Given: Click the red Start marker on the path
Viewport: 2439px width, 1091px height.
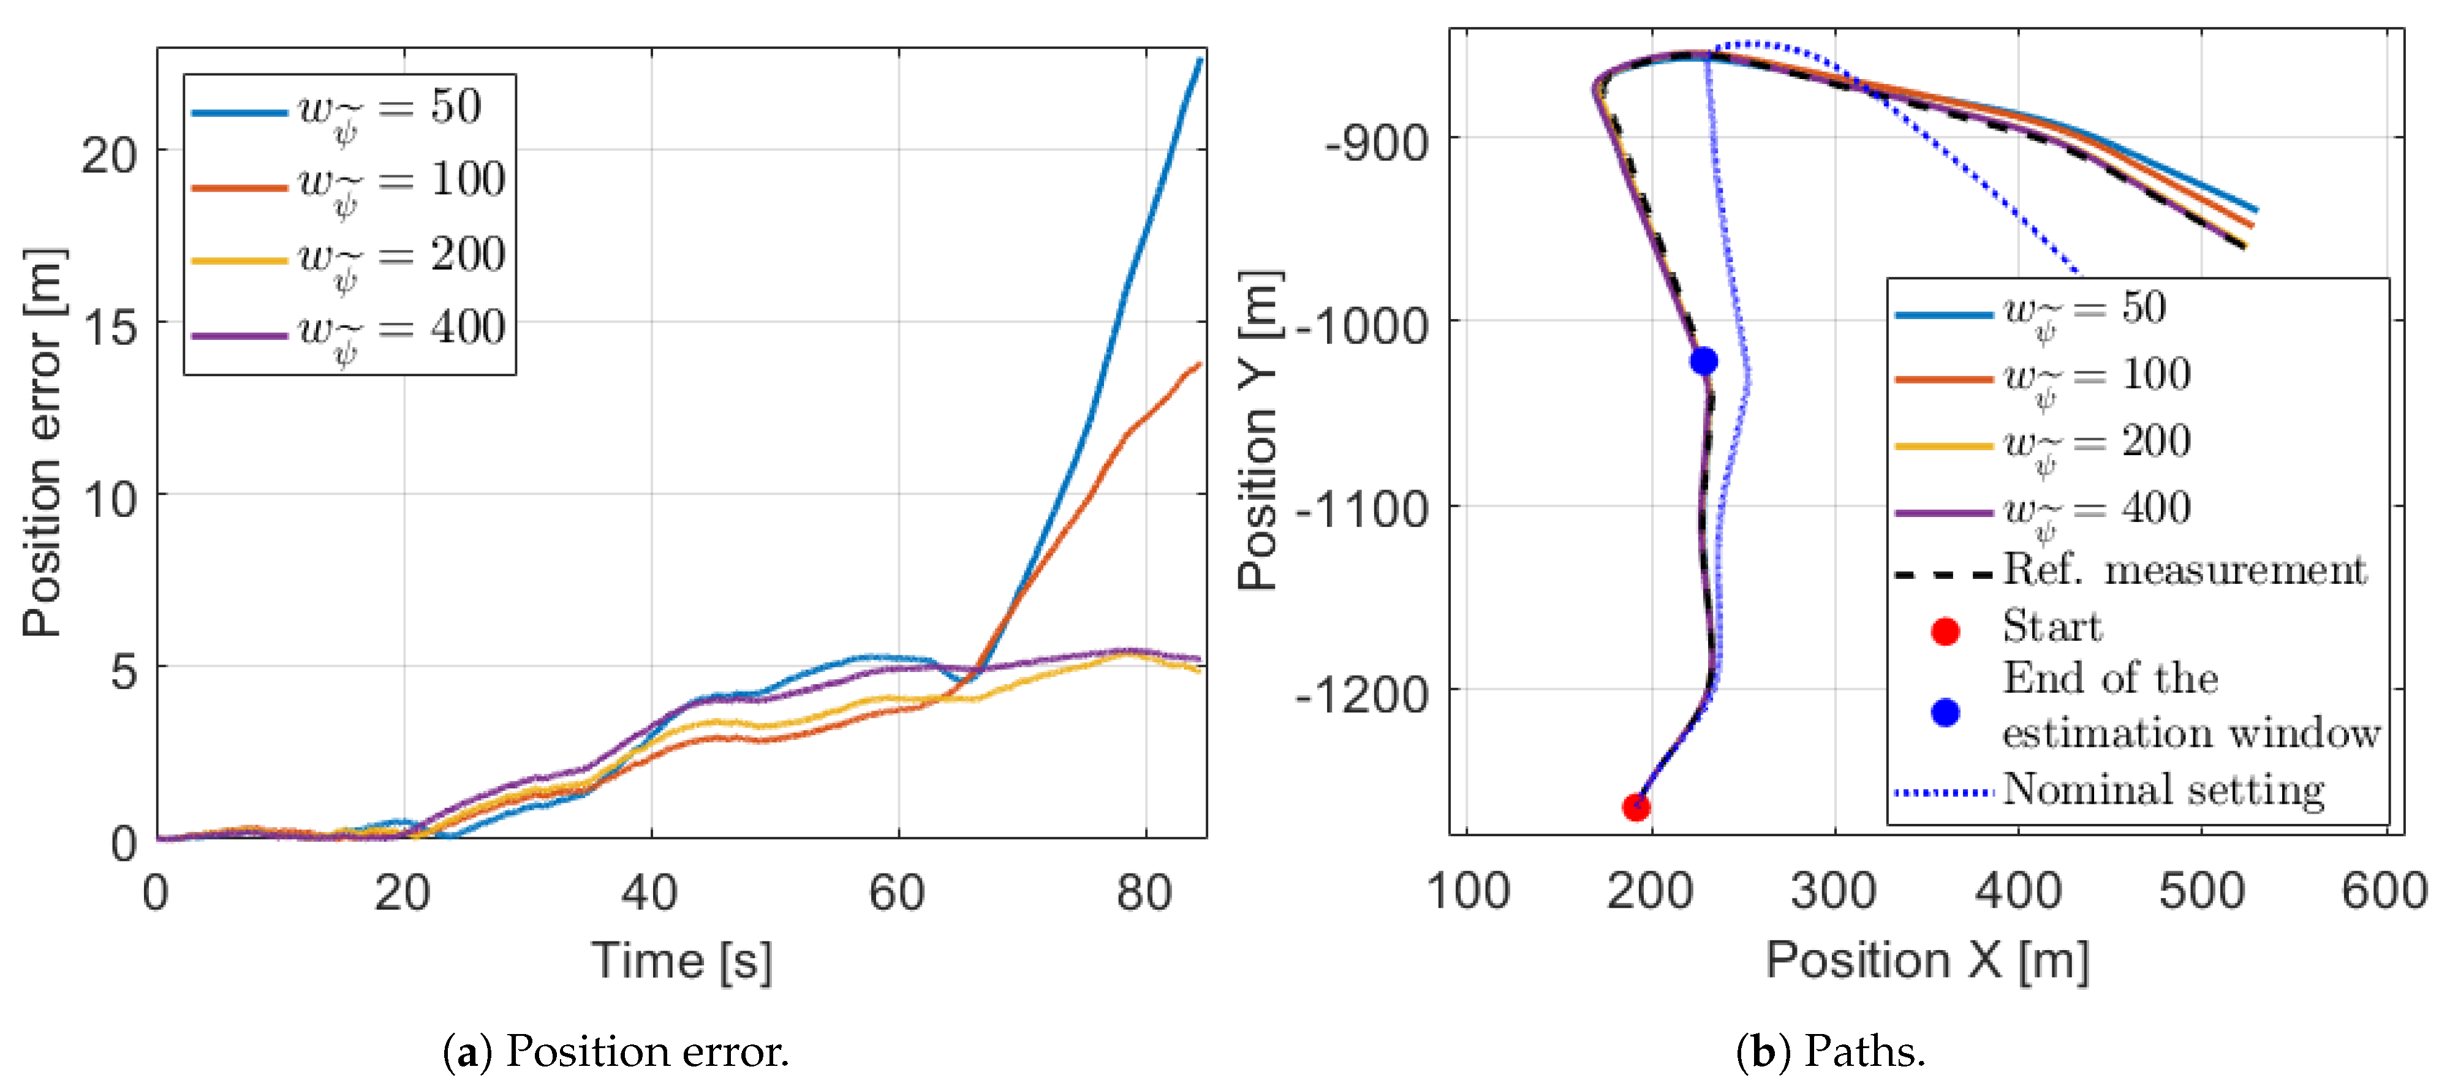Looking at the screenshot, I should click(1636, 807).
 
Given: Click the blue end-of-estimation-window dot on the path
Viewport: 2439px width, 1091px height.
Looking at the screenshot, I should click(1703, 361).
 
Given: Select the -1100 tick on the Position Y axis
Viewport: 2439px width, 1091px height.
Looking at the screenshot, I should click(1361, 510).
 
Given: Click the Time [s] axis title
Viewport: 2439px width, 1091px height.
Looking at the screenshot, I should click(682, 961).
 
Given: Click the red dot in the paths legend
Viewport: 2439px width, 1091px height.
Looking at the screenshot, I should click(1945, 631).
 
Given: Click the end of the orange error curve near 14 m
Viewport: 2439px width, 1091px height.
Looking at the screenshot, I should click(1200, 364).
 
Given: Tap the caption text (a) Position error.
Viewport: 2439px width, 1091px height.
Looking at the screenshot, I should click(616, 1051).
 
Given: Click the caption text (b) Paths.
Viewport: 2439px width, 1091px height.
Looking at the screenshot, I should click(1830, 1051).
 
